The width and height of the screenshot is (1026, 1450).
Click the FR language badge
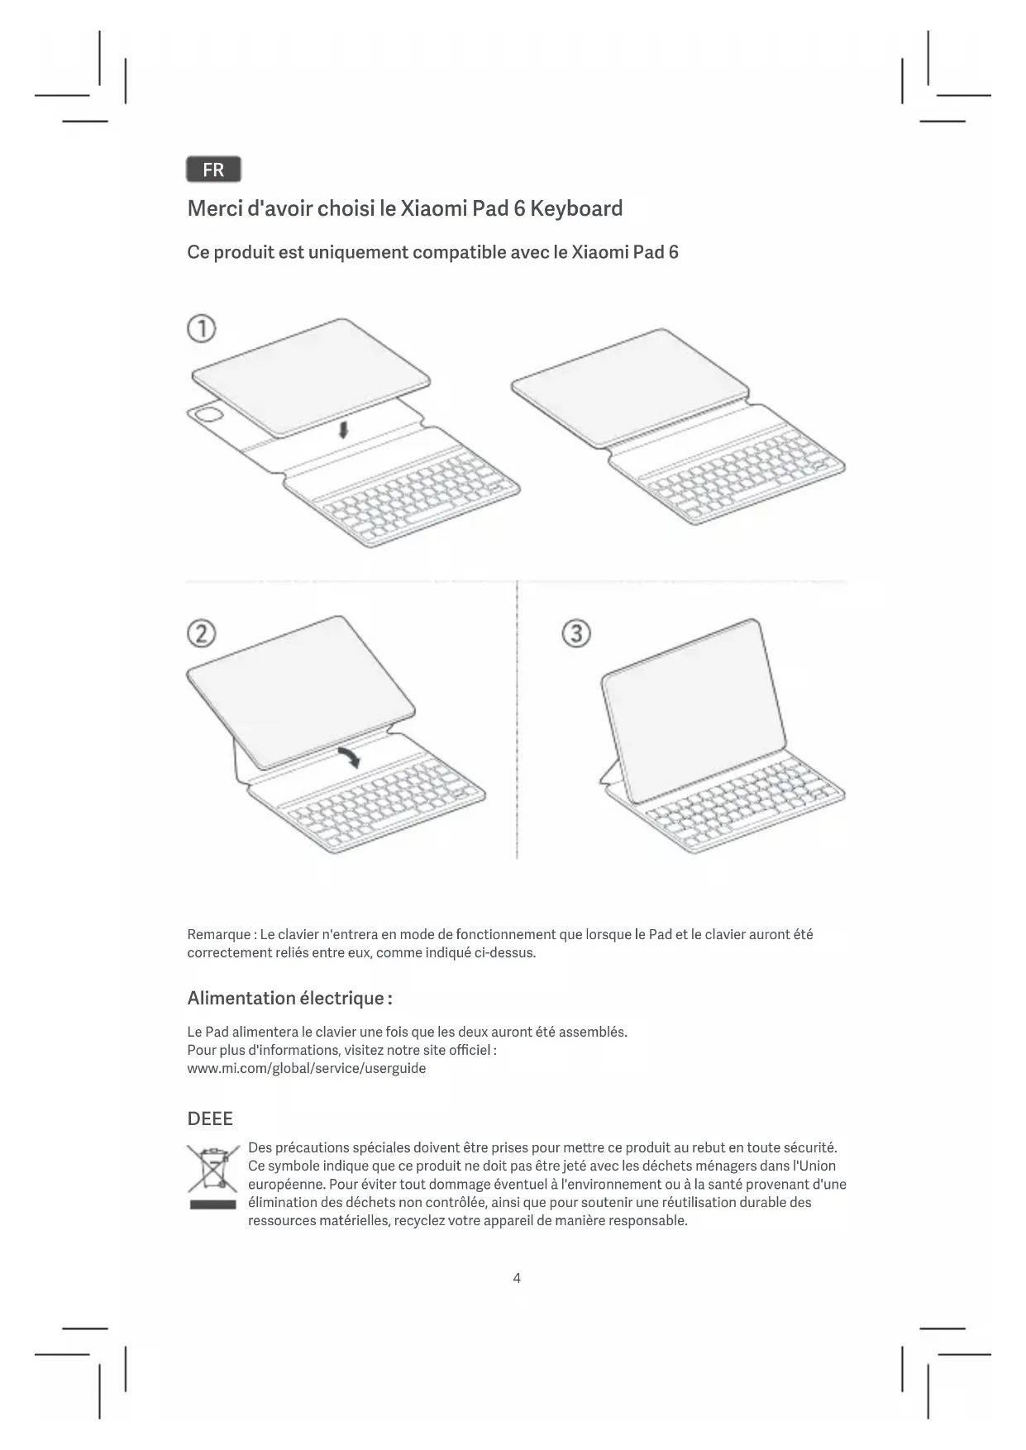coord(213,169)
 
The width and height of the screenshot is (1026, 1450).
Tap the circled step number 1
coord(202,329)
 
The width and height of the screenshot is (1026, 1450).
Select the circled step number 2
coord(202,634)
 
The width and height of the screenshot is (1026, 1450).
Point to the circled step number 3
coord(576,634)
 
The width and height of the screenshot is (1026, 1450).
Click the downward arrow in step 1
coord(344,428)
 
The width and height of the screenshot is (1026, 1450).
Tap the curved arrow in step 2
coord(349,755)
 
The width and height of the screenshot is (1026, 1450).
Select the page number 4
coord(517,1278)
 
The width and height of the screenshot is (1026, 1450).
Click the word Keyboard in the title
coord(576,208)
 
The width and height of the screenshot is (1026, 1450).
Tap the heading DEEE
coord(210,1119)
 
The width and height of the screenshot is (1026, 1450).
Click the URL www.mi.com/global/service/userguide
coord(307,1068)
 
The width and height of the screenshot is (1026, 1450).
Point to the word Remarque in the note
coord(218,934)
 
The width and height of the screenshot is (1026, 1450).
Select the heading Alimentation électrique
coord(289,998)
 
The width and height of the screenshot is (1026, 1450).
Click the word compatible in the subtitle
coord(459,252)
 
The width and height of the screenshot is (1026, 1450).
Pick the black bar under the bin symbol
coord(212,1204)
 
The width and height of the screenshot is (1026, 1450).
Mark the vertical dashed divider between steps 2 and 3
coord(517,719)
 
